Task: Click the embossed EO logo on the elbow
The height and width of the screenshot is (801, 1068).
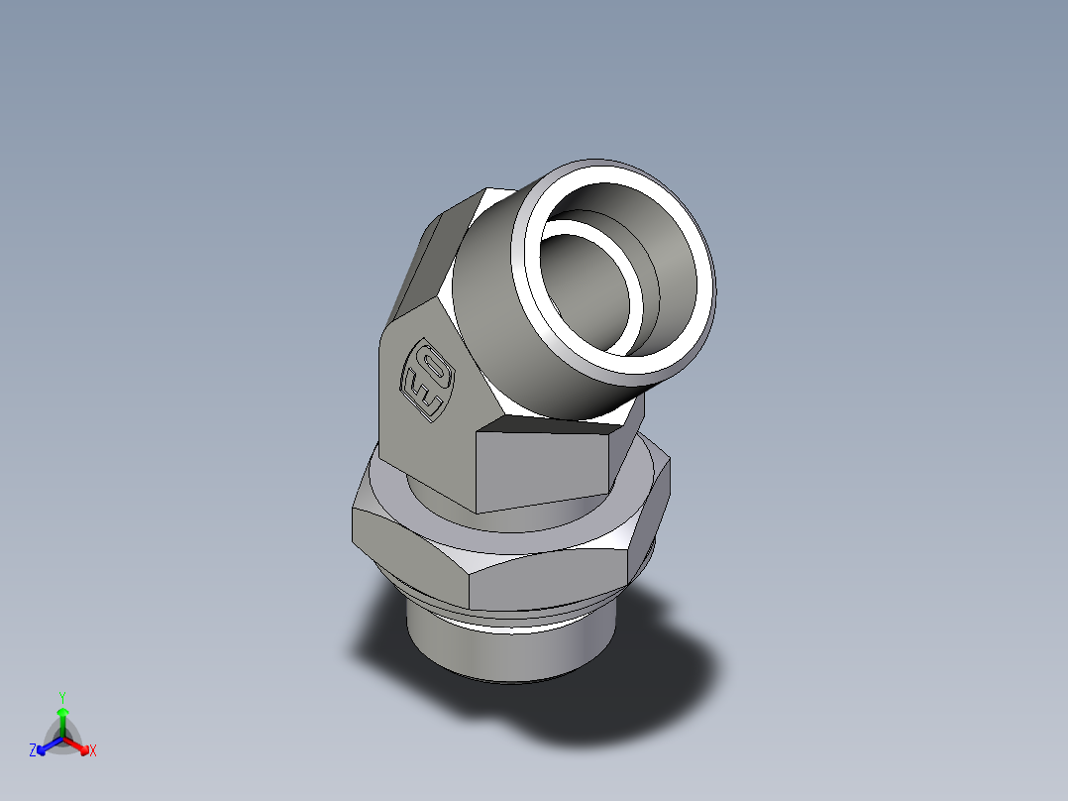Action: [427, 378]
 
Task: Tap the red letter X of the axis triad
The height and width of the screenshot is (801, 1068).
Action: [92, 751]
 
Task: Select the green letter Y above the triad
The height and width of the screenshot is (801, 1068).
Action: [61, 697]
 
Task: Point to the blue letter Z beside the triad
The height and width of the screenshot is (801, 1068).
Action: [33, 751]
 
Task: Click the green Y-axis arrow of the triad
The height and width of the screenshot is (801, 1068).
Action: [61, 718]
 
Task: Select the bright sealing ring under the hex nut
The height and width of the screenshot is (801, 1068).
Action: [515, 620]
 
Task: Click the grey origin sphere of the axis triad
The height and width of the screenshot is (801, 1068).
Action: [61, 740]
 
